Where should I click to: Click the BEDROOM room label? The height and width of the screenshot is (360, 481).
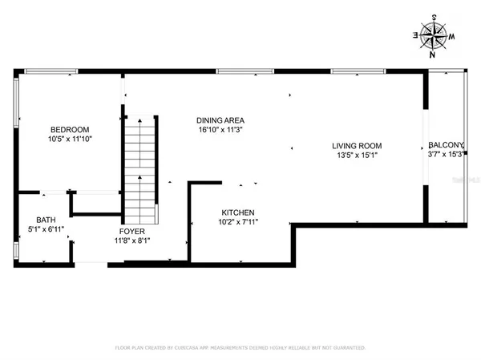(x=70, y=130)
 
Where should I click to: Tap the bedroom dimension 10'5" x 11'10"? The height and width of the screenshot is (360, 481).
(x=70, y=139)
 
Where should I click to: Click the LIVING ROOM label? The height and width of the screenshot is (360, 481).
(x=358, y=146)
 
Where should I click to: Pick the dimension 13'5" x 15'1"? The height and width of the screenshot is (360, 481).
(x=358, y=155)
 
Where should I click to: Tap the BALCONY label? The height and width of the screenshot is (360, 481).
(x=446, y=145)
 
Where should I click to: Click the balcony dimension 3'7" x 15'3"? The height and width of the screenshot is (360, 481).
(x=445, y=154)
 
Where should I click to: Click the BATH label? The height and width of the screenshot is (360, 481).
(x=44, y=220)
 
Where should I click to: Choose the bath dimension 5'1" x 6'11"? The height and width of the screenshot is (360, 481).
(x=44, y=229)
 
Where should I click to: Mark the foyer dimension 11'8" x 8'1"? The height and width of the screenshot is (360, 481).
(x=132, y=239)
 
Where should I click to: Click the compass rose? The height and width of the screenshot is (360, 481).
(x=435, y=34)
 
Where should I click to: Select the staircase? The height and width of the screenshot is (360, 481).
(x=140, y=168)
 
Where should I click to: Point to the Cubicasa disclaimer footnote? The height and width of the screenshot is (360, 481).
(x=240, y=348)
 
